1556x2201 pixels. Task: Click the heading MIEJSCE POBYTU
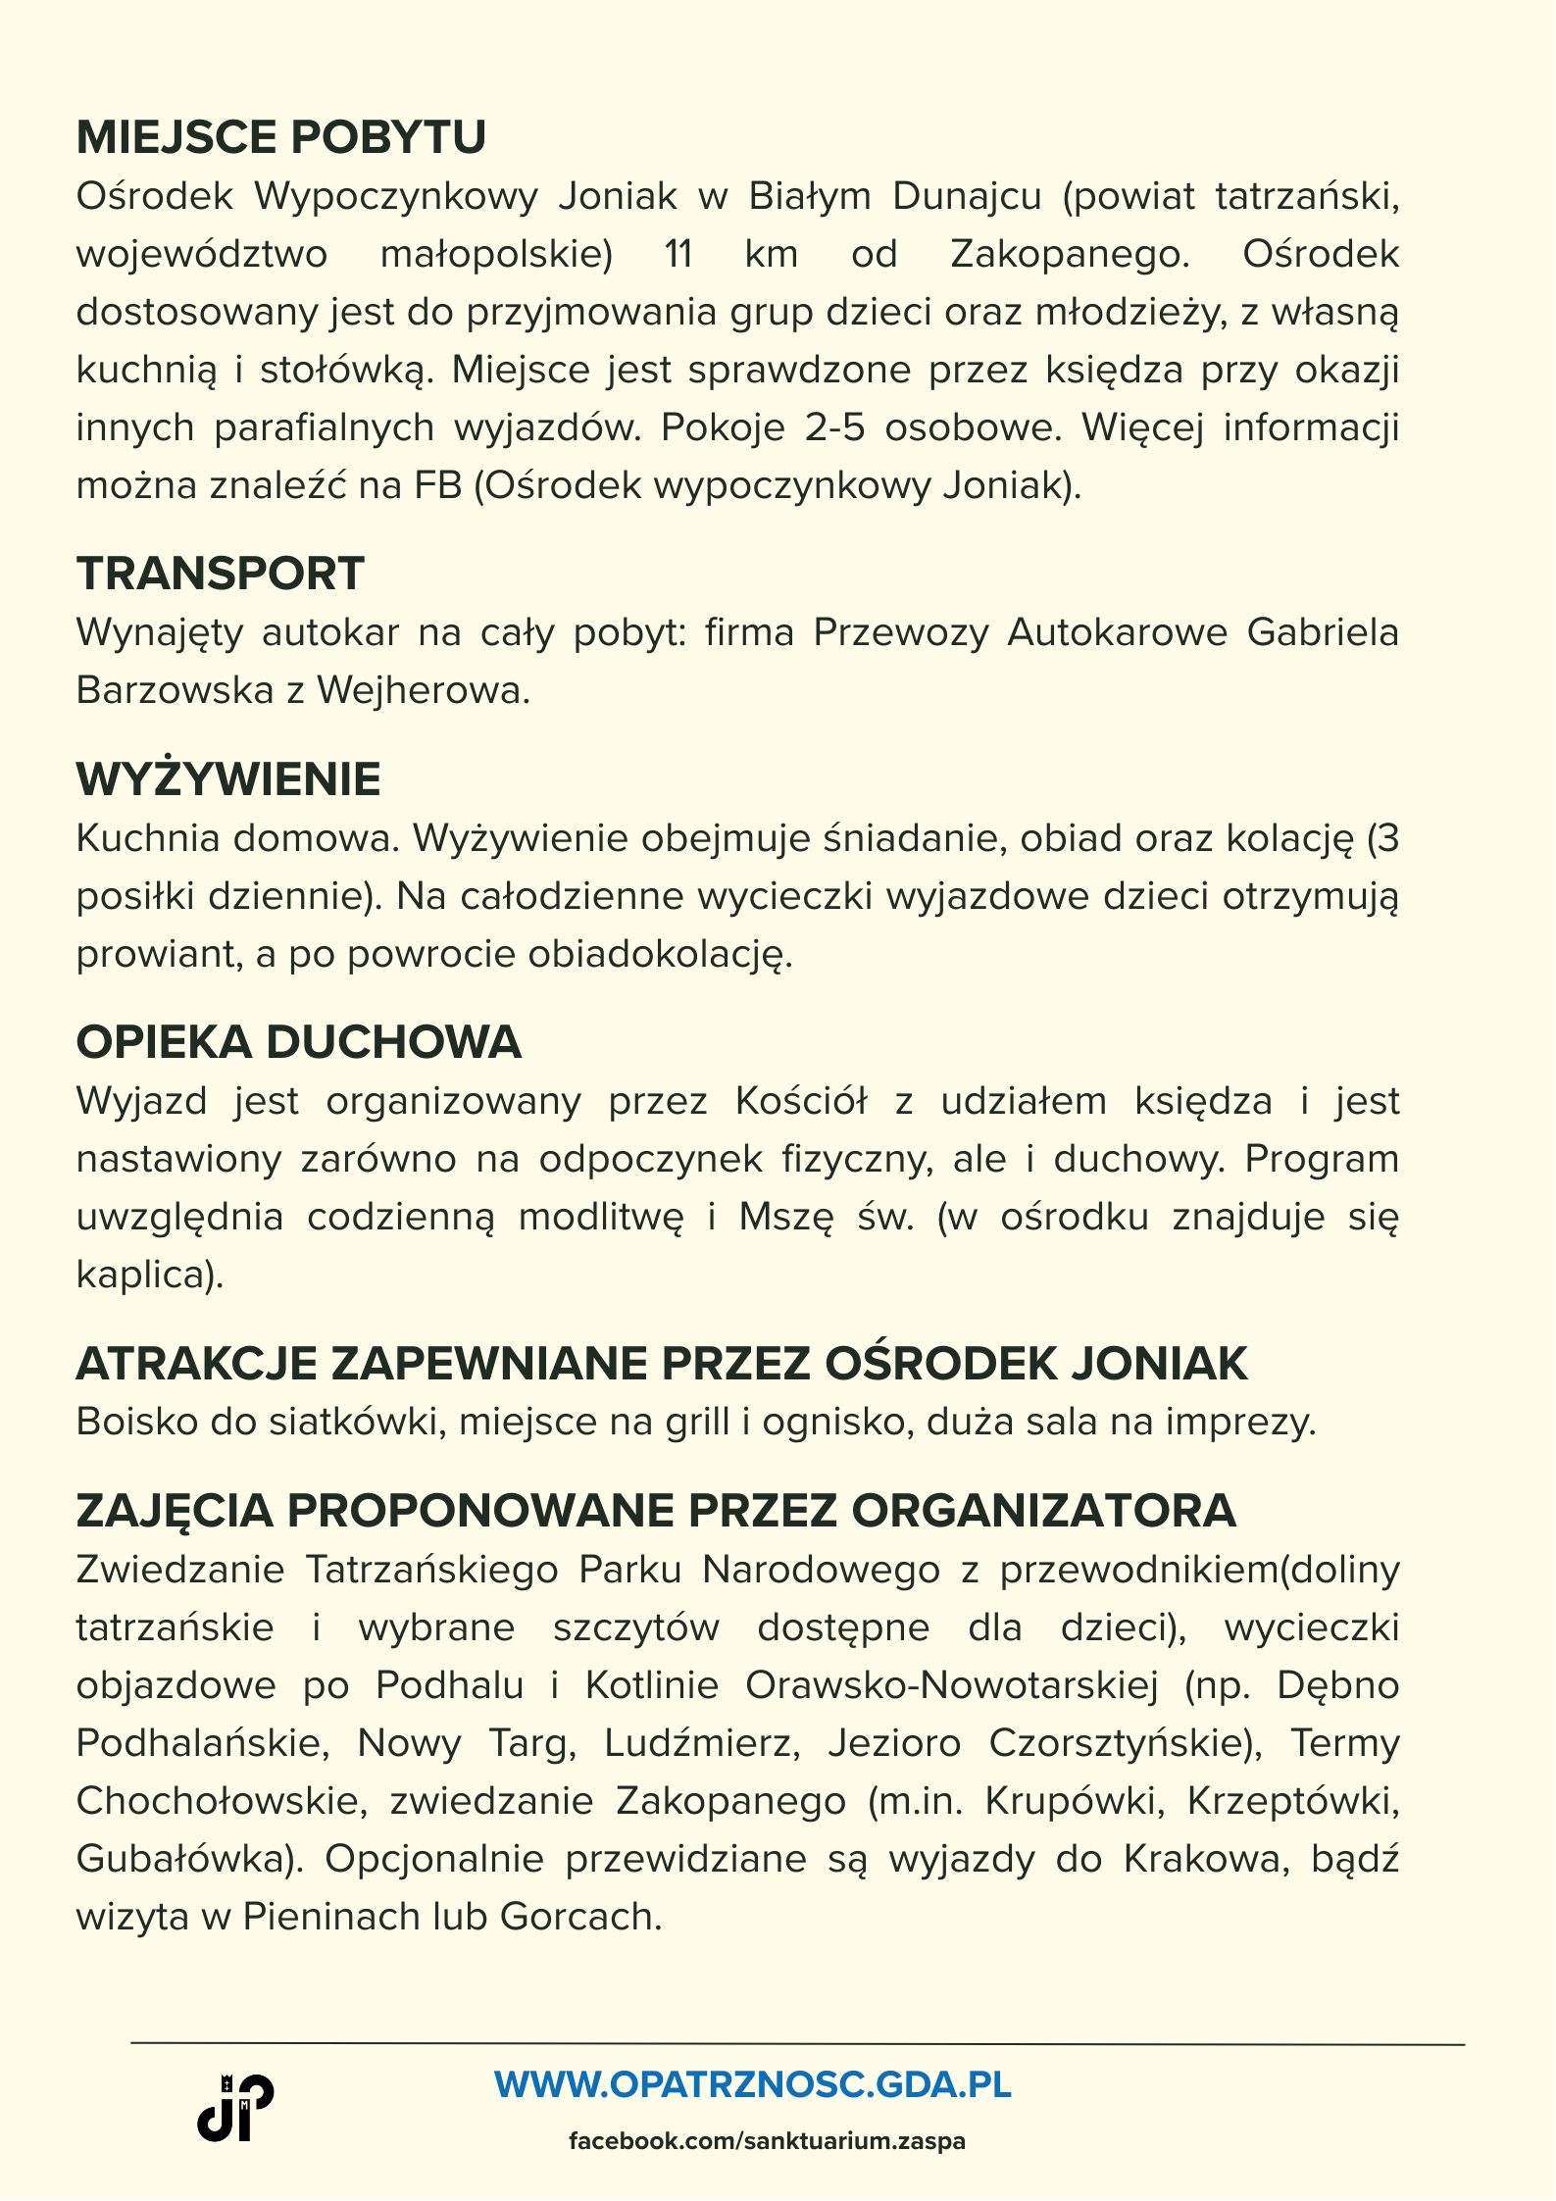[281, 137]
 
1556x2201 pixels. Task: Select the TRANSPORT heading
[221, 574]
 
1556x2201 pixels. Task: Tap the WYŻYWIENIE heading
[228, 779]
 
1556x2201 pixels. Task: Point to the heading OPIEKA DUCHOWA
[299, 1042]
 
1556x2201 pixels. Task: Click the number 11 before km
[678, 255]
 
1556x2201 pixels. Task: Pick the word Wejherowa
[423, 691]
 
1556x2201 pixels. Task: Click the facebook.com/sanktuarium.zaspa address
[767, 2141]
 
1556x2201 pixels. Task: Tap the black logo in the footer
[235, 2109]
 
